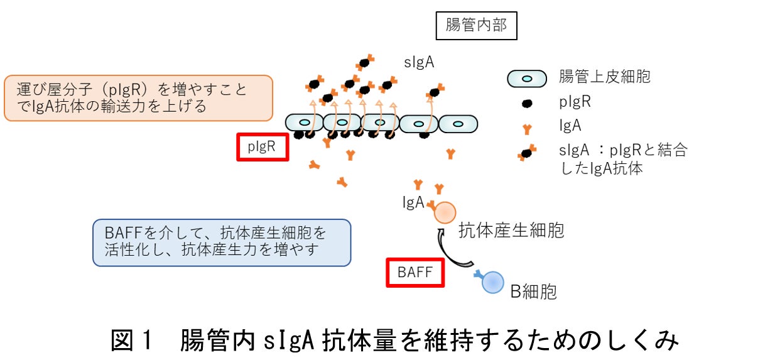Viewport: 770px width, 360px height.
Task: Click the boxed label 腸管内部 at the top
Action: coord(476,25)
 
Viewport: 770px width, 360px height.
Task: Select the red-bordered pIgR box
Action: coord(263,147)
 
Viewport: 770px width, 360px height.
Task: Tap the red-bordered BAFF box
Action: coord(415,273)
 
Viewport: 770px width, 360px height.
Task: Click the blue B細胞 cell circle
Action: coord(492,282)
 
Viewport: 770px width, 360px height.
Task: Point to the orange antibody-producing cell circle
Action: coord(445,213)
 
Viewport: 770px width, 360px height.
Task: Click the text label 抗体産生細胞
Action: coord(511,231)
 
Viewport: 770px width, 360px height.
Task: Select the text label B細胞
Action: coord(533,292)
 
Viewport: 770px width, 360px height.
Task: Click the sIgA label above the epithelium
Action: coord(420,62)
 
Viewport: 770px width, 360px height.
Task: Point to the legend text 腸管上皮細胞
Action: coord(604,77)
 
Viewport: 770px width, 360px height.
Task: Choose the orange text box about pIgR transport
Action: coord(138,98)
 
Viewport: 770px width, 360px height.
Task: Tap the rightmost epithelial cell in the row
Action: coord(458,123)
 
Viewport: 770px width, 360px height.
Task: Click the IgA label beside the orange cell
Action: coord(413,202)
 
